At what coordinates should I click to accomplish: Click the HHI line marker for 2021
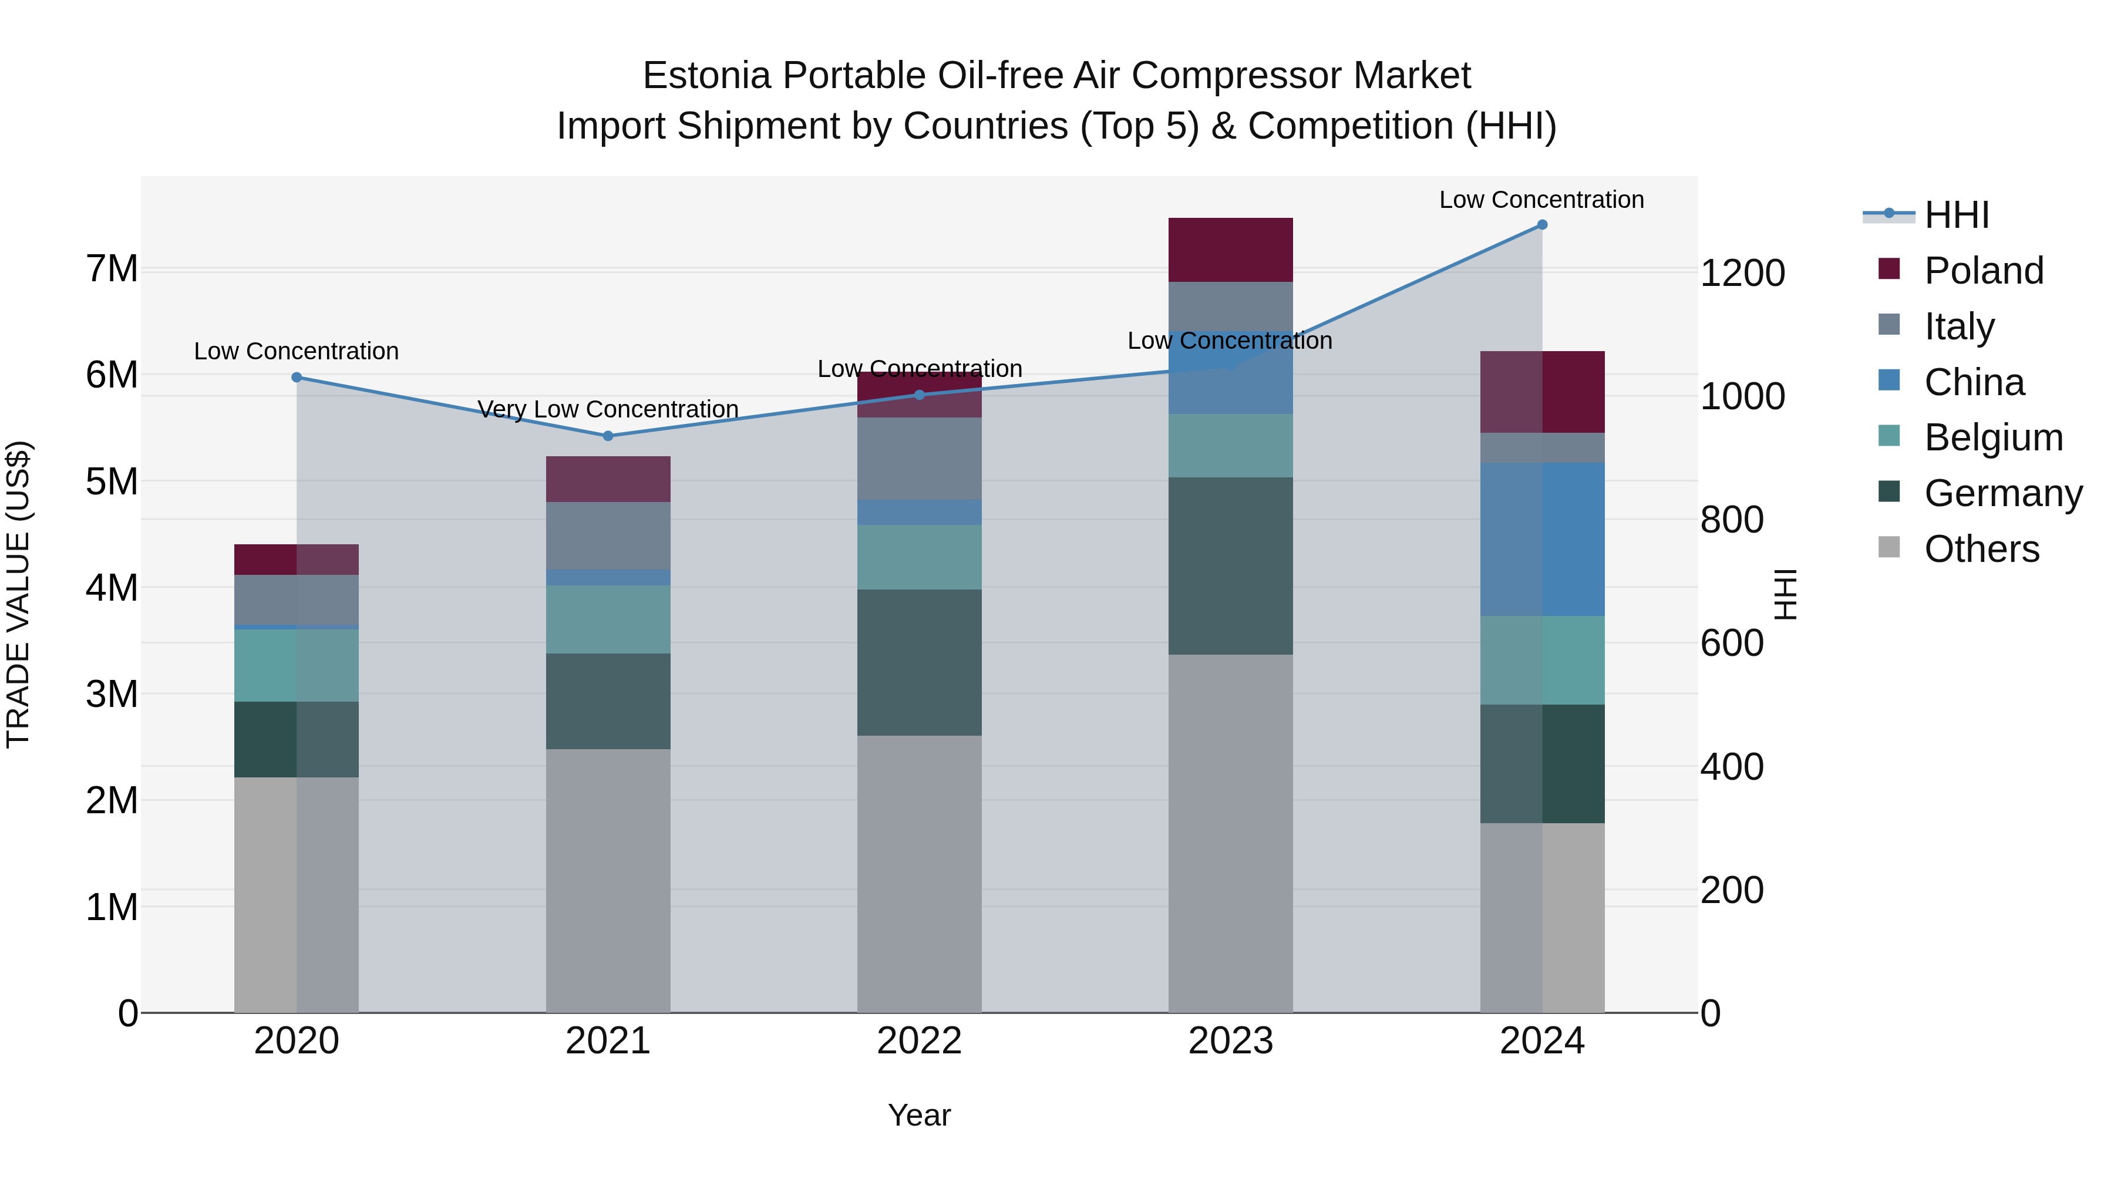[x=608, y=436]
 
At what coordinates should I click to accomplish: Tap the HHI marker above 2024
[x=1542, y=225]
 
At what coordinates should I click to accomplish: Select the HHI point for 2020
[x=297, y=378]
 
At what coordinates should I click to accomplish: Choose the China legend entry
[x=1974, y=382]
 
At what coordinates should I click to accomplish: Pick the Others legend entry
[x=1981, y=549]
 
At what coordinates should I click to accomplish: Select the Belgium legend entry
[x=1992, y=437]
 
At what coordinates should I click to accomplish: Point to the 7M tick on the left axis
[x=112, y=269]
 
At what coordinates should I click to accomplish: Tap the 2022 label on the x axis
[x=919, y=1041]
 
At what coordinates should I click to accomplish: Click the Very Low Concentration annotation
[x=608, y=409]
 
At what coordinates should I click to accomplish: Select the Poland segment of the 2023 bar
[x=1230, y=250]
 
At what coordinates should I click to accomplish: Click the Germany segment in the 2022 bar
[x=919, y=662]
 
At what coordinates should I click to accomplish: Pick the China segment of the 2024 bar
[x=1542, y=539]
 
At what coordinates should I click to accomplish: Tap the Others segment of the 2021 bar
[x=608, y=881]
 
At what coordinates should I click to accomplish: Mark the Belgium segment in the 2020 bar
[x=297, y=665]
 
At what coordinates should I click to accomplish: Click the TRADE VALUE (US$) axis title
[x=18, y=594]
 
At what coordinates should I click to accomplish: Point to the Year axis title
[x=919, y=1116]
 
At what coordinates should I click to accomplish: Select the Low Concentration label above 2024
[x=1541, y=200]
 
